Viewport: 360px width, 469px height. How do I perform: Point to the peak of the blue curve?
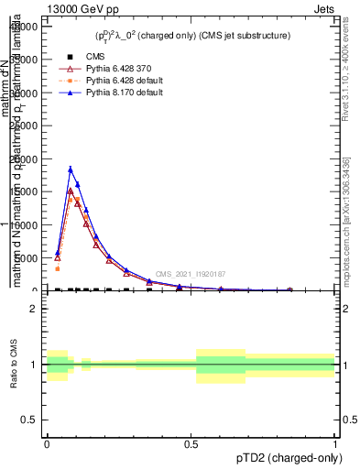coord(71,169)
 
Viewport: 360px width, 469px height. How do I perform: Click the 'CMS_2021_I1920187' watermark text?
coord(190,274)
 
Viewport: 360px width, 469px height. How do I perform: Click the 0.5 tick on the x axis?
coord(191,441)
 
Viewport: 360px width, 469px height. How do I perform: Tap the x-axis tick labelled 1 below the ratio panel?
coord(335,441)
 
